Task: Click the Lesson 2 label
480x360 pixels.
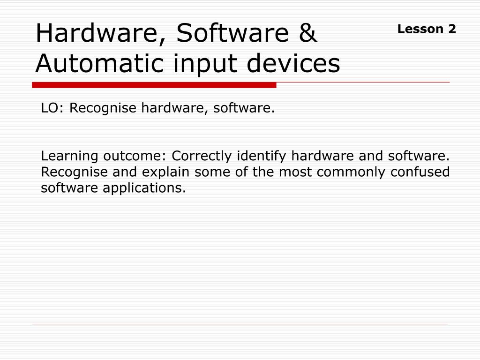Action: click(x=427, y=29)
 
